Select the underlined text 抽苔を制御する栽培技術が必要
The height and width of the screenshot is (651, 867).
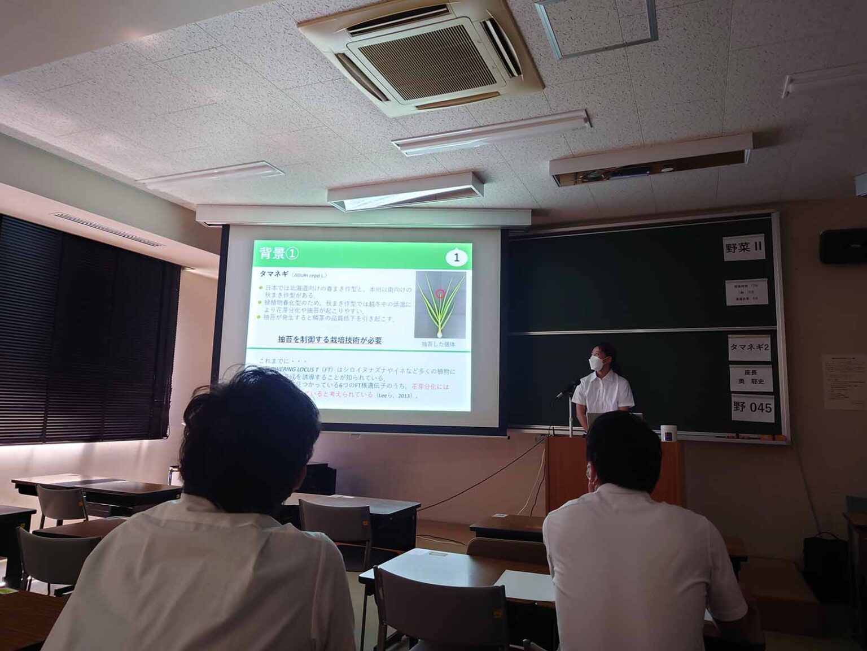330,340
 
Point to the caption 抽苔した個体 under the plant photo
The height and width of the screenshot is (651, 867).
438,344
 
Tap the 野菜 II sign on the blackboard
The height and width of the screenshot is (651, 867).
744,248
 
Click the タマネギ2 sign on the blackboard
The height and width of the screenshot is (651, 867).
749,347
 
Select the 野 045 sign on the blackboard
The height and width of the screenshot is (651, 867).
752,407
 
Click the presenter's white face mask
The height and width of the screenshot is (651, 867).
595,363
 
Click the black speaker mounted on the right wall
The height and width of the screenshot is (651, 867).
843,246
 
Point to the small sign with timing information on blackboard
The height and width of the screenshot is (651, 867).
745,294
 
